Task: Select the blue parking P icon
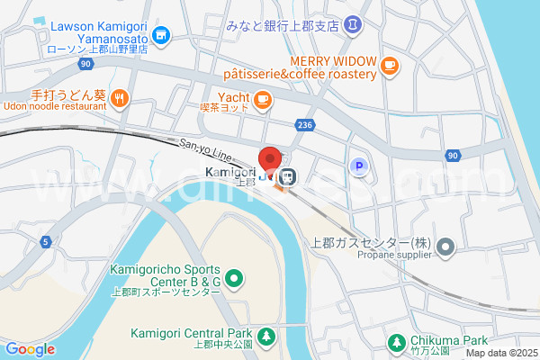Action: [358, 166]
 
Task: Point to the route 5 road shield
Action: [45, 241]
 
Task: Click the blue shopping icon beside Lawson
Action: [162, 35]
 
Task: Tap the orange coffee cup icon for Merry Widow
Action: [389, 64]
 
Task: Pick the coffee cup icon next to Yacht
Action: [263, 99]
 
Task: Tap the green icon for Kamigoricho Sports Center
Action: [234, 279]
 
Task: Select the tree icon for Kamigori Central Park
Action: [266, 337]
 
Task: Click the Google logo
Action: [30, 349]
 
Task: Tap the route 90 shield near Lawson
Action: [85, 65]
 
